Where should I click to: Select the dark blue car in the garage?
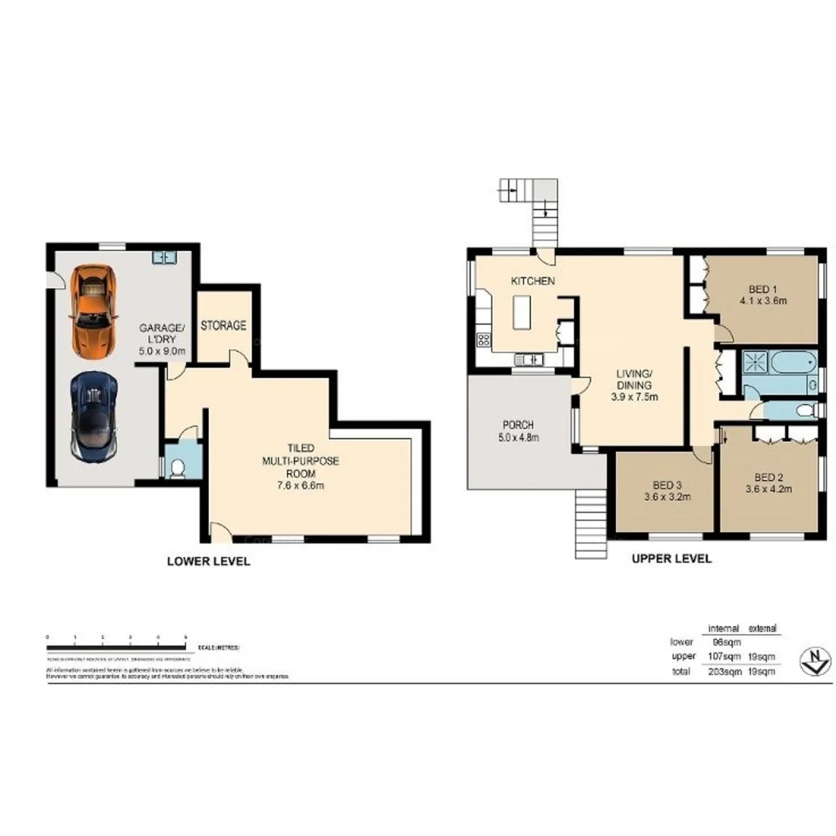click(94, 415)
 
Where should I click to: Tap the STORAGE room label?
click(224, 326)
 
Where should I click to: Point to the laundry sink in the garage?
click(165, 256)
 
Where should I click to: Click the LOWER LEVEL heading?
click(209, 562)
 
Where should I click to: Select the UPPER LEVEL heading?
click(671, 558)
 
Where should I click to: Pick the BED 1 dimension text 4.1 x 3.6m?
click(762, 300)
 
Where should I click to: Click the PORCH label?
click(519, 425)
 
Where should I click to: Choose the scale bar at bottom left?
click(116, 638)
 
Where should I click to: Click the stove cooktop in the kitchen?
click(485, 338)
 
